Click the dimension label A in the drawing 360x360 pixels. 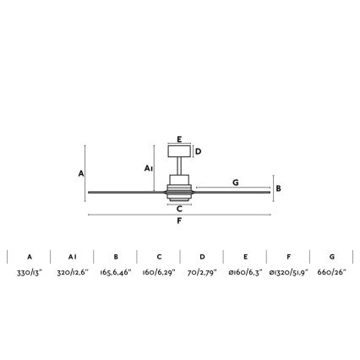pyautogui.click(x=81, y=173)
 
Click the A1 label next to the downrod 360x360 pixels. pyautogui.click(x=148, y=168)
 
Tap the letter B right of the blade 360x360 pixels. pyautogui.click(x=278, y=188)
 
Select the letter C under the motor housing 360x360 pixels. pyautogui.click(x=179, y=211)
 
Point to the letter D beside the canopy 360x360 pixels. pyautogui.click(x=198, y=152)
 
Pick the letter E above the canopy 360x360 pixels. pyautogui.click(x=179, y=139)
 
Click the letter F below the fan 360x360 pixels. pyautogui.click(x=179, y=221)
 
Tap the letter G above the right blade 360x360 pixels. pyautogui.click(x=235, y=183)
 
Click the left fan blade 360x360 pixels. pyautogui.click(x=127, y=191)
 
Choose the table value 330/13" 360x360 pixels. pyautogui.click(x=29, y=274)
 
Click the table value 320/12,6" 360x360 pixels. pyautogui.click(x=72, y=274)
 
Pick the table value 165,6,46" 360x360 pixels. pyautogui.click(x=115, y=274)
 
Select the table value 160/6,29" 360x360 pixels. pyautogui.click(x=158, y=274)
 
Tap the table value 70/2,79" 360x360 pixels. pyautogui.click(x=202, y=274)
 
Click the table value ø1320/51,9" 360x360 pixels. pyautogui.click(x=288, y=274)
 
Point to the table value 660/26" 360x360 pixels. pyautogui.click(x=331, y=274)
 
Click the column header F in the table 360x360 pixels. pyautogui.click(x=288, y=256)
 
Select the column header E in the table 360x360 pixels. pyautogui.click(x=245, y=256)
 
